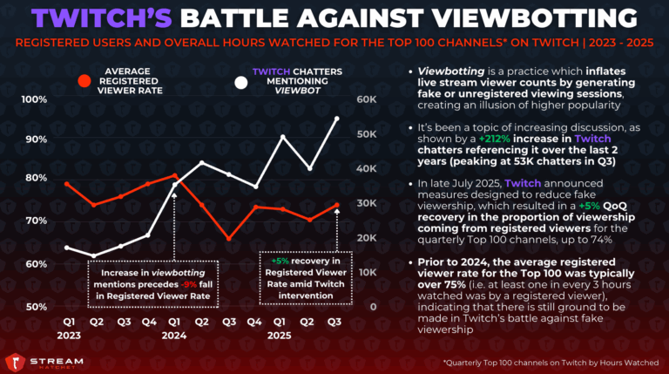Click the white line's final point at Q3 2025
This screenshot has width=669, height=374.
coord(337,118)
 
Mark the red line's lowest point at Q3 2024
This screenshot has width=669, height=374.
coord(229,238)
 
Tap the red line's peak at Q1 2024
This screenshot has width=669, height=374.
coord(175,175)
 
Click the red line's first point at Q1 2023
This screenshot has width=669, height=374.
coord(68,184)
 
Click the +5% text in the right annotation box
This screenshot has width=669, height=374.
coord(280,261)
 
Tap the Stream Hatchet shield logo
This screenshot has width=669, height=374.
coord(16,358)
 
